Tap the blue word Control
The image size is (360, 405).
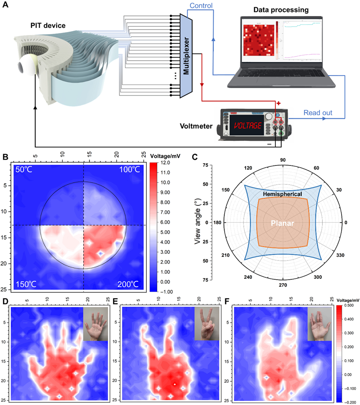pos(201,6)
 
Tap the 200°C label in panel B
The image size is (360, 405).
pos(129,284)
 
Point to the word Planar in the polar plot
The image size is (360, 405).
pos(282,224)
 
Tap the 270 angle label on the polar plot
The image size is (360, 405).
pos(283,285)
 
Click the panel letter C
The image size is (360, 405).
pos(194,157)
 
